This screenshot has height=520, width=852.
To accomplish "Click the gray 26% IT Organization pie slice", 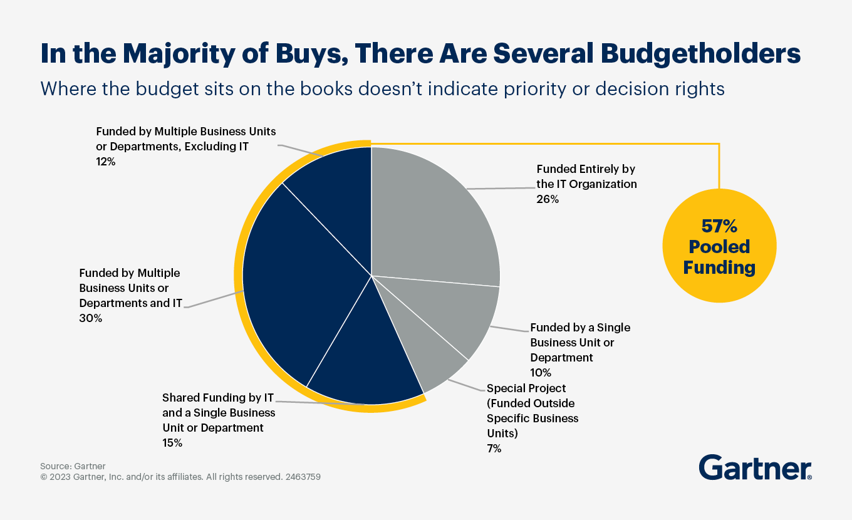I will tap(432, 213).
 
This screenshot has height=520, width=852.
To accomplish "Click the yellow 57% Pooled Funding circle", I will tap(719, 246).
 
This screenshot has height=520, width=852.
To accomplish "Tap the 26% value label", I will tap(548, 199).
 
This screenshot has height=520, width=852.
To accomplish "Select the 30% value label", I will tap(90, 318).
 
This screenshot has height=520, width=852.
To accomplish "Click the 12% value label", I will tap(106, 162).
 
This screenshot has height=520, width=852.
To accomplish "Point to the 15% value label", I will tap(172, 443).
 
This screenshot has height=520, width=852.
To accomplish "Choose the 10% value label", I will tap(541, 373).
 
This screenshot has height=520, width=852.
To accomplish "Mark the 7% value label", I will tap(494, 449).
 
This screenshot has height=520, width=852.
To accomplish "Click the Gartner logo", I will tap(755, 468).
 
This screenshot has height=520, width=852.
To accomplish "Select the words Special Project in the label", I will tap(526, 388).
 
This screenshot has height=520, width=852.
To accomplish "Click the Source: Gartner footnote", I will tap(73, 466).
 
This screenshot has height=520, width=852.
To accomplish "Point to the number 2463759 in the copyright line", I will tap(303, 477).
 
